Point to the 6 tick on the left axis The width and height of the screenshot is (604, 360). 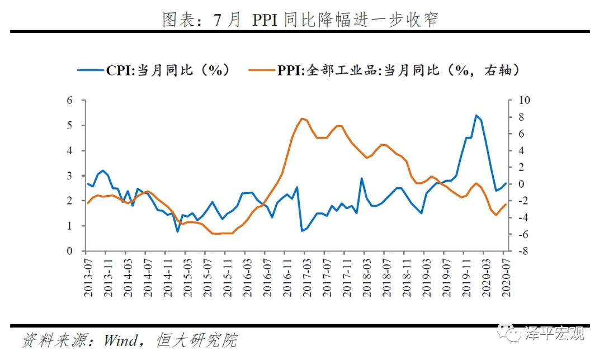point(70,101)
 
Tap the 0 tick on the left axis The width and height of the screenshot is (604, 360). point(70,251)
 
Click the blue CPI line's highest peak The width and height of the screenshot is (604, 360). point(476,115)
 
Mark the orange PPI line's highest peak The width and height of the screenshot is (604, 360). point(302,119)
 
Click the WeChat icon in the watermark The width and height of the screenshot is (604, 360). point(513,334)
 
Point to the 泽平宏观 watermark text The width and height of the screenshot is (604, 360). point(555,334)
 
